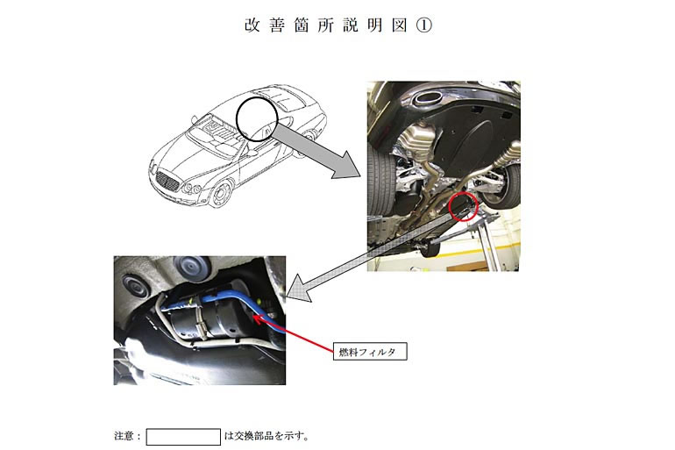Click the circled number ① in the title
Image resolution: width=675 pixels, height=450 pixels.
tap(424, 25)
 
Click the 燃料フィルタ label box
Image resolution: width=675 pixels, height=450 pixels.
tap(370, 352)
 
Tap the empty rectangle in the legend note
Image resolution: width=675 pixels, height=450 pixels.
tap(183, 437)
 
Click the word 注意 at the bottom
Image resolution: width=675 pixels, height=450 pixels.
tap(124, 436)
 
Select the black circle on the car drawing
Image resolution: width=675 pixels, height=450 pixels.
tap(237, 119)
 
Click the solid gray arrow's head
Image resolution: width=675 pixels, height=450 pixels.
tap(347, 166)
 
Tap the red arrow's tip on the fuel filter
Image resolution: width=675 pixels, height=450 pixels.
tap(253, 317)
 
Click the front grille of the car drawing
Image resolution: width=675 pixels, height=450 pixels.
tap(167, 181)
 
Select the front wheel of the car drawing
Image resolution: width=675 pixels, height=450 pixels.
tap(221, 194)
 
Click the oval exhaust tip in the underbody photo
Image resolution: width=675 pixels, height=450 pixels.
tap(427, 98)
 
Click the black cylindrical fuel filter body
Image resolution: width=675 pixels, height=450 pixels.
tap(207, 317)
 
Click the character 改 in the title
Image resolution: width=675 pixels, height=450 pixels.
tap(252, 25)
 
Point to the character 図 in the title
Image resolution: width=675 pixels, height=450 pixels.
tap(400, 25)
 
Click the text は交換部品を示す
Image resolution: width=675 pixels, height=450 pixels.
tap(266, 436)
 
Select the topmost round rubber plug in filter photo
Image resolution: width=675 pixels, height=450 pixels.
tap(191, 266)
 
